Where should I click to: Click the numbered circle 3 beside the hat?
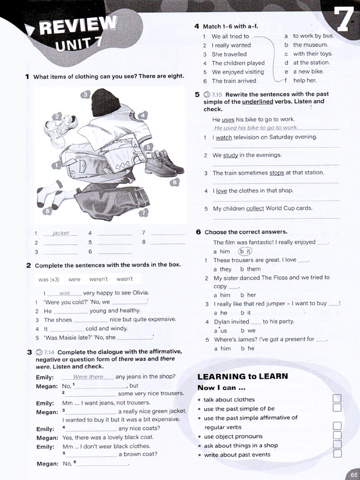pyautogui.click(x=85, y=95)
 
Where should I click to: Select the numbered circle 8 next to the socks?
pyautogui.click(x=47, y=211)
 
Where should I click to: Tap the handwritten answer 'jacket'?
pyautogui.click(x=61, y=233)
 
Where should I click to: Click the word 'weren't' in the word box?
pyautogui.click(x=98, y=279)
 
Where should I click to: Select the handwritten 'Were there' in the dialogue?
pyautogui.click(x=88, y=377)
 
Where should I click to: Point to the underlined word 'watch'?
pyautogui.click(x=224, y=137)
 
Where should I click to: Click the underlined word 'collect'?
pyautogui.click(x=255, y=209)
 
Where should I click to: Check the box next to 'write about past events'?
pyautogui.click(x=336, y=453)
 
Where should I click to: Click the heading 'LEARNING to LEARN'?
pyautogui.click(x=242, y=376)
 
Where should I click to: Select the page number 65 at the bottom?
pyautogui.click(x=352, y=474)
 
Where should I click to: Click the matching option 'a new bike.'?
pyautogui.click(x=308, y=71)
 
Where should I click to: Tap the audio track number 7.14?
pyautogui.click(x=49, y=352)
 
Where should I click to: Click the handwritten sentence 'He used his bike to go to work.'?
pyautogui.click(x=256, y=127)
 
